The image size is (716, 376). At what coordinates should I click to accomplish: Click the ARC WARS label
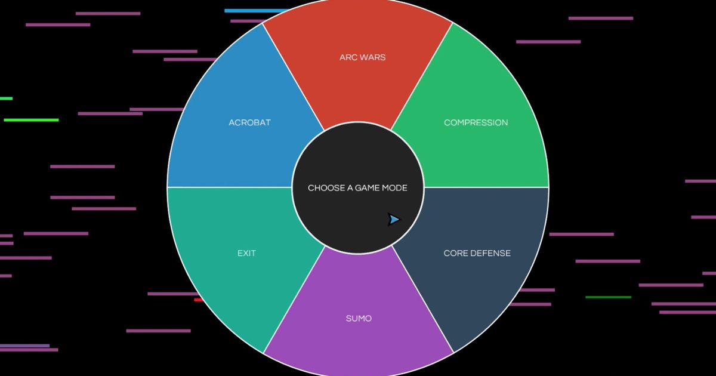(x=363, y=57)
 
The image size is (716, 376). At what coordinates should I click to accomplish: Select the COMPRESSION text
(x=476, y=123)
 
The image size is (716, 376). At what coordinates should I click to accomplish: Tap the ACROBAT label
(x=249, y=123)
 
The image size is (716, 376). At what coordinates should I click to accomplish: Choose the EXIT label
(x=246, y=253)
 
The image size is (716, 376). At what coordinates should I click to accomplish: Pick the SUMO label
(x=359, y=319)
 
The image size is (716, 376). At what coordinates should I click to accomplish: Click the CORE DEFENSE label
(x=477, y=253)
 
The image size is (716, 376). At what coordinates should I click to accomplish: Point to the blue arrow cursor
(x=394, y=220)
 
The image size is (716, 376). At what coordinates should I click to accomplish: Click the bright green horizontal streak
(x=31, y=120)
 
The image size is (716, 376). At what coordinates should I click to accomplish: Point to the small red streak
(x=198, y=300)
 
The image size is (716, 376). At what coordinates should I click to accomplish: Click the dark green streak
(x=608, y=297)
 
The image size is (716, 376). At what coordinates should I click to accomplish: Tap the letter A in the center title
(x=350, y=188)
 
